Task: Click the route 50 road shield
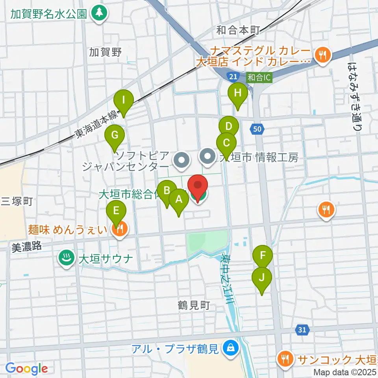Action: [x=257, y=128]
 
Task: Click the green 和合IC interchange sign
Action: [x=259, y=78]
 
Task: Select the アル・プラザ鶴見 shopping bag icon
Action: [x=228, y=347]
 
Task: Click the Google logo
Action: [x=26, y=369]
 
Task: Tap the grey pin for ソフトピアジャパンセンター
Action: [x=182, y=160]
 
